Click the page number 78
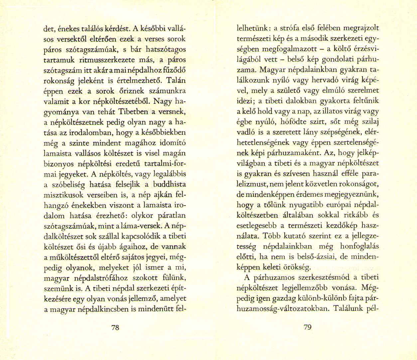point(115,327)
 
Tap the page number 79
point(308,327)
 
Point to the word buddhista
point(169,184)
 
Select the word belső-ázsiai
point(307,257)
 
